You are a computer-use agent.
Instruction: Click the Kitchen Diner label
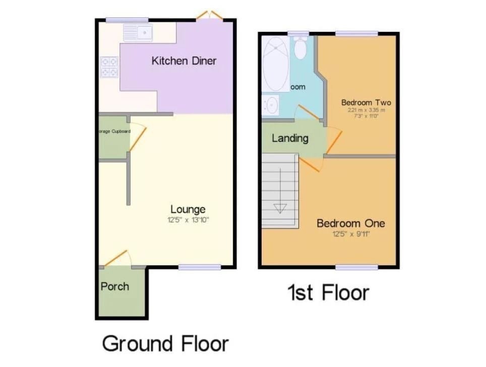click(184, 61)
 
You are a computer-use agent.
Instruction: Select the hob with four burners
click(109, 67)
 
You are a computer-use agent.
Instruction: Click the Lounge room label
click(188, 209)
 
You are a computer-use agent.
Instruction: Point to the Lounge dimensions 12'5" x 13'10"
click(188, 220)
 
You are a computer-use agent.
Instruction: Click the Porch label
click(115, 286)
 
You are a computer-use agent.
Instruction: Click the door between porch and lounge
click(116, 258)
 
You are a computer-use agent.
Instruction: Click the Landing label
click(290, 138)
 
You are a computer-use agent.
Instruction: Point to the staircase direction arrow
click(280, 207)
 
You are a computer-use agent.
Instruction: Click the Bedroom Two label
click(366, 102)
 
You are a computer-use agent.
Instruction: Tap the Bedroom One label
click(350, 223)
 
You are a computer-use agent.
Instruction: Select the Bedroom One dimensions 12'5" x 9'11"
click(350, 234)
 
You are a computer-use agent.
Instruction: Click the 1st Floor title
click(328, 292)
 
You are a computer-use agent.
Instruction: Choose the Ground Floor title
click(165, 344)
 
